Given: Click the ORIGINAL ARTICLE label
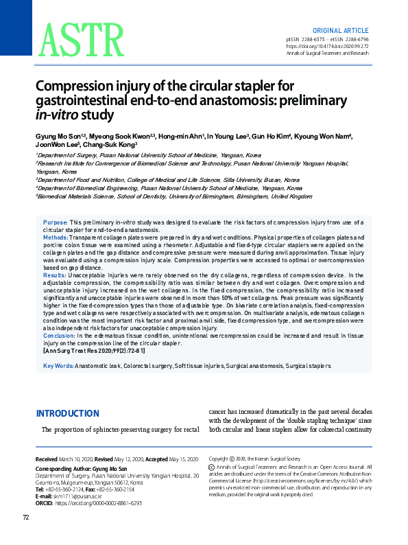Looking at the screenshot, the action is click(341, 31).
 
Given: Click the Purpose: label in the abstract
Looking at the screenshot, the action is click(56, 222).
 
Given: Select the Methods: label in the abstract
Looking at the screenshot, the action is click(56, 235).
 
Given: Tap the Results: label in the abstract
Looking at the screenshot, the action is click(56, 275).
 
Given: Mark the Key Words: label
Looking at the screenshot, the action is click(58, 366).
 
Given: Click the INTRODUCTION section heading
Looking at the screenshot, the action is click(67, 413).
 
